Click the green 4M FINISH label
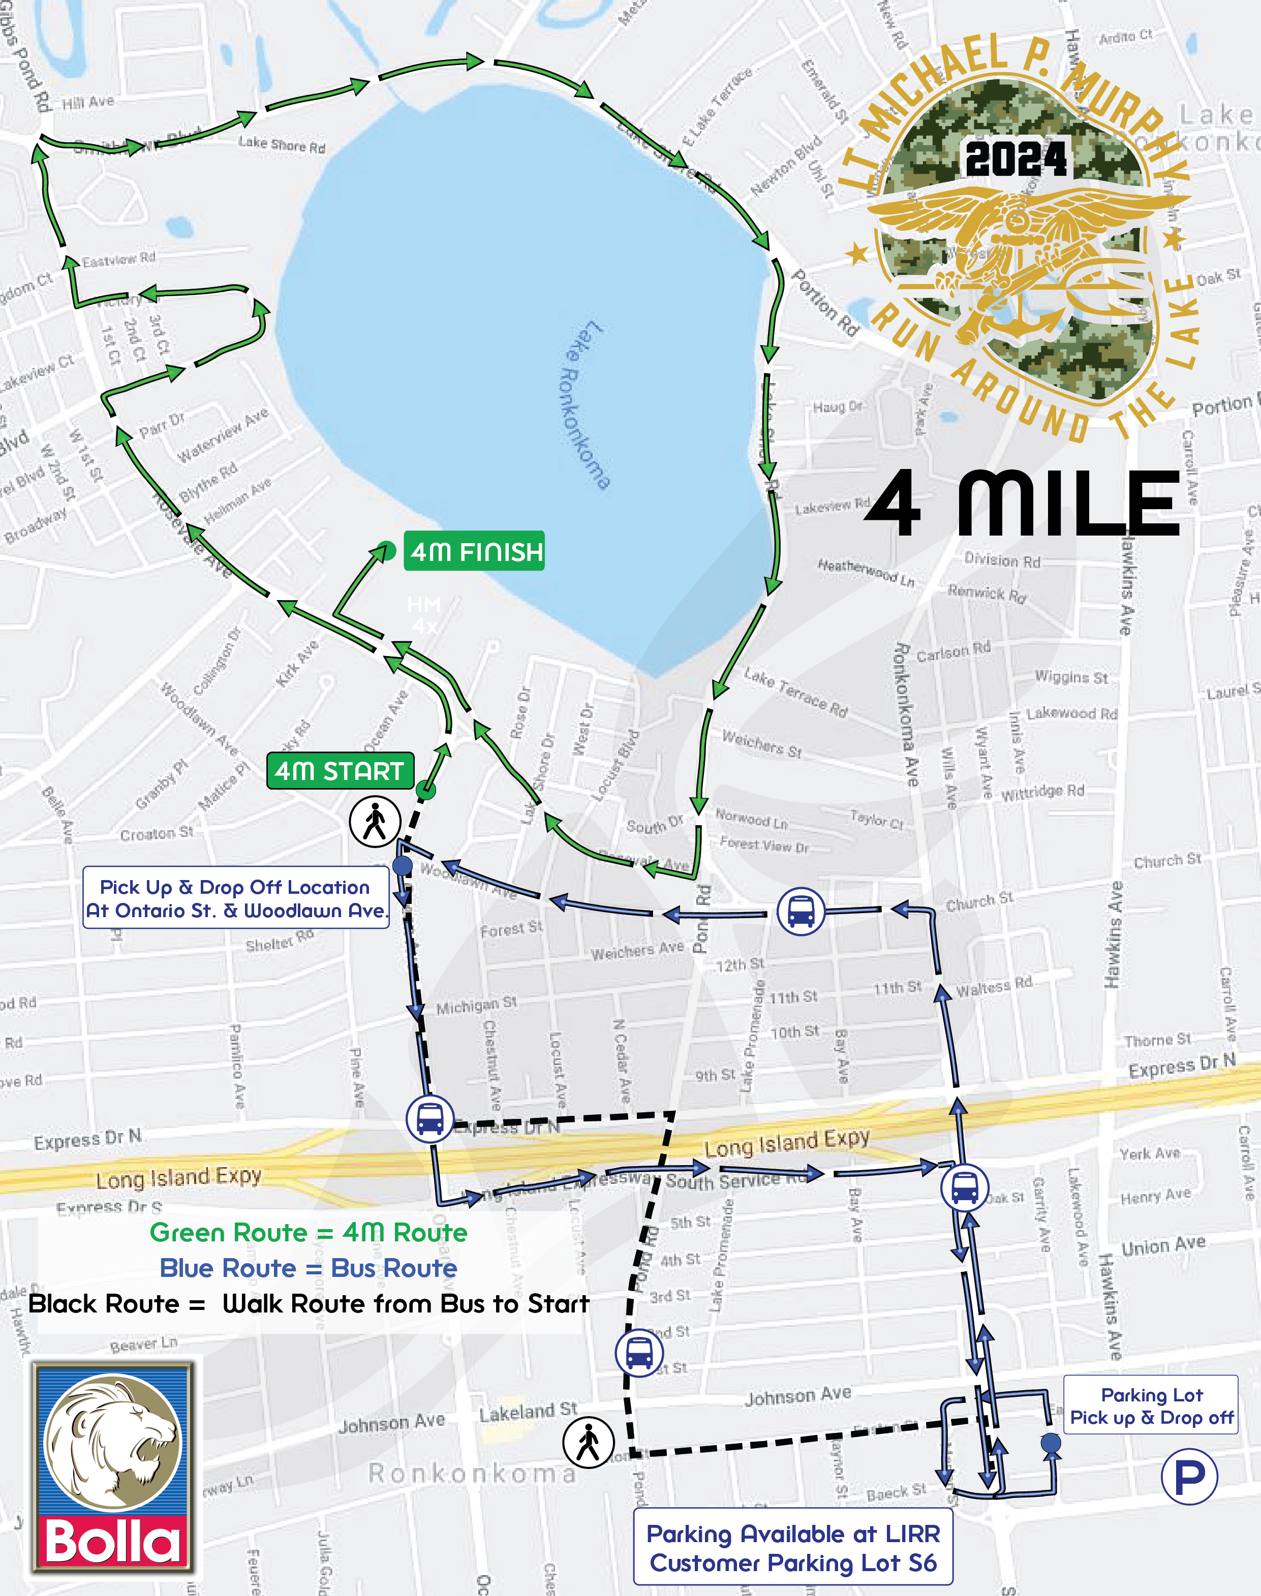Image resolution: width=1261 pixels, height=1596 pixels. tap(474, 551)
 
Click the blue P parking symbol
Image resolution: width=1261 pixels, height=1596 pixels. tap(1189, 1477)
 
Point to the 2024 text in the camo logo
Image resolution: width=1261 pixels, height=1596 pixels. tap(1016, 159)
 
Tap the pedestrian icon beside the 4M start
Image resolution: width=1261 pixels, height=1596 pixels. tap(375, 821)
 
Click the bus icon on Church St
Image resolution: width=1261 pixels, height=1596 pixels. tap(801, 913)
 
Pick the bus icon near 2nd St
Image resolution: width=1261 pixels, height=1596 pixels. tap(639, 1353)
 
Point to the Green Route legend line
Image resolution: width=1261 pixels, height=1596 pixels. tap(308, 1232)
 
